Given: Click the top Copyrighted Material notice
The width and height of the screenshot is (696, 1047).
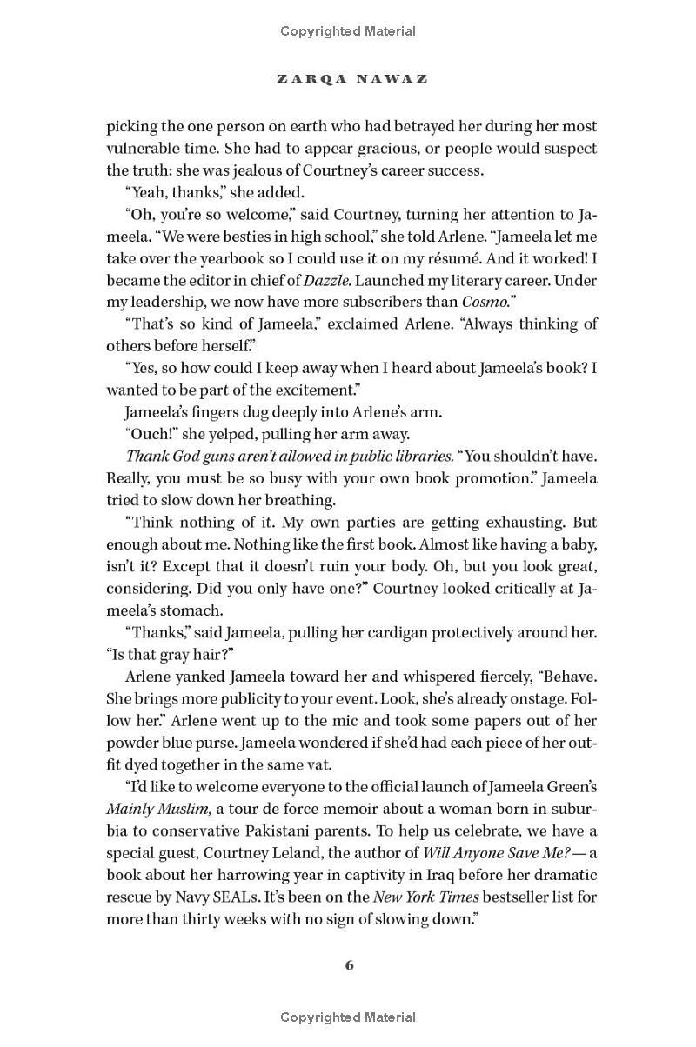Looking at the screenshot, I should tap(348, 31).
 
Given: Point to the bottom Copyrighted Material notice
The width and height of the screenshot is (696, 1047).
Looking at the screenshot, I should tap(348, 1017).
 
